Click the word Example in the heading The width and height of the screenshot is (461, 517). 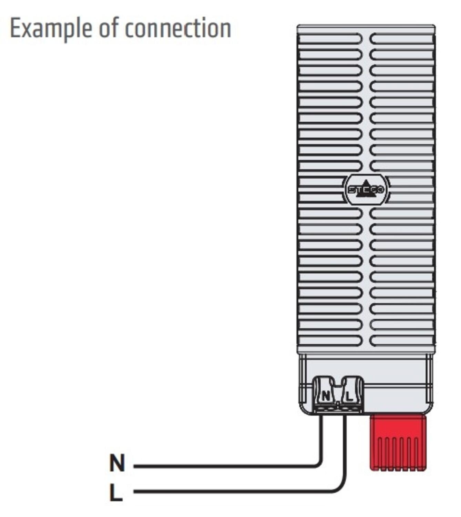[x=51, y=29]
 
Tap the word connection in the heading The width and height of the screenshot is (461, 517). [x=178, y=28]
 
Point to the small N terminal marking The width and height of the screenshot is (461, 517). [x=326, y=396]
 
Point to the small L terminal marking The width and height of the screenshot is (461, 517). [x=349, y=396]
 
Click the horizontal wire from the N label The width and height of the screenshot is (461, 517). [x=225, y=466]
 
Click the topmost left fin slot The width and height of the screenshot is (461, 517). [x=330, y=39]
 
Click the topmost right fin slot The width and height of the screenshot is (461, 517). [x=401, y=39]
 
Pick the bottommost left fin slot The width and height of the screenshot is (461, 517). [x=330, y=341]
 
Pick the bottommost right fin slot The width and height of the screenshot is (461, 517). [x=401, y=341]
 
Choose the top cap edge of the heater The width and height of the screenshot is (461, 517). [x=366, y=27]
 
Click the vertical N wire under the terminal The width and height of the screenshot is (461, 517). [x=321, y=436]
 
